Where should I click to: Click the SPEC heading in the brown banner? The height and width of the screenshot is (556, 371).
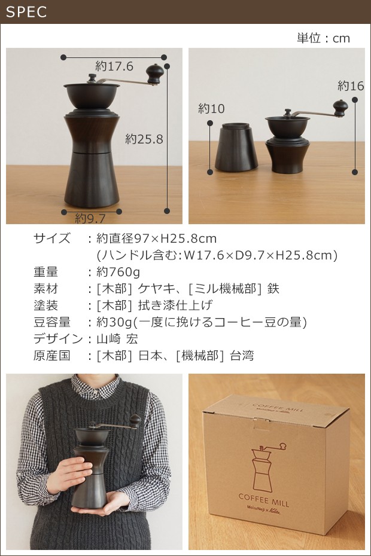26,12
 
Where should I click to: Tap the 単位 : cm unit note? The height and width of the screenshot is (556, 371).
323,38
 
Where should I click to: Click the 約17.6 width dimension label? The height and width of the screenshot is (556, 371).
114,66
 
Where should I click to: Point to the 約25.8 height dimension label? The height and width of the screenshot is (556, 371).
144,139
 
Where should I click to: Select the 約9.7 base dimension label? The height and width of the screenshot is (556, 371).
90,218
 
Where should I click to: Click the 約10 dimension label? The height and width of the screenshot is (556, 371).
212,108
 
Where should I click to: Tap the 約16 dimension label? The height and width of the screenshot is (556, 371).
351,85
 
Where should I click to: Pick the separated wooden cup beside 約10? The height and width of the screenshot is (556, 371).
236,146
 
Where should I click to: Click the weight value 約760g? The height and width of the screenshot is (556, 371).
118,272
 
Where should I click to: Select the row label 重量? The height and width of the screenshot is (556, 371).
46,272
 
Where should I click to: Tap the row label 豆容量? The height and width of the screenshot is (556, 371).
52,322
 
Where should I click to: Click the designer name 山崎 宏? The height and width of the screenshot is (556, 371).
117,338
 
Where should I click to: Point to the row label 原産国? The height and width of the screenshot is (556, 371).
52,355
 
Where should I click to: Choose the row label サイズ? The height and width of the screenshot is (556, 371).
52,239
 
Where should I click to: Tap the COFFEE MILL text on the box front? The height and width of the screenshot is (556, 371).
264,500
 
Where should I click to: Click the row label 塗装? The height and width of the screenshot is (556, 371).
46,306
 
